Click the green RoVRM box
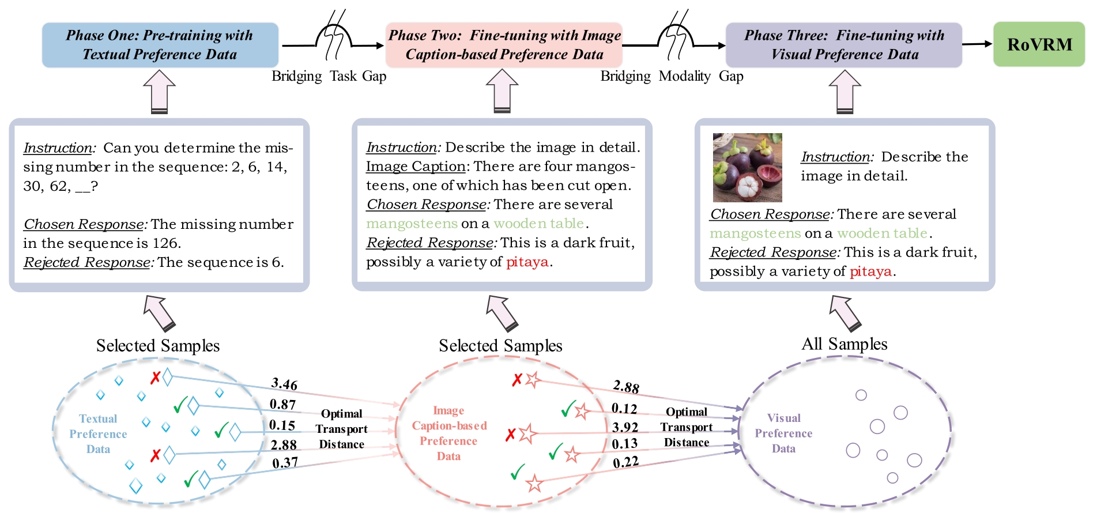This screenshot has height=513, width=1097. coord(1039,44)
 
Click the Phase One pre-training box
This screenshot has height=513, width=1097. coord(160,45)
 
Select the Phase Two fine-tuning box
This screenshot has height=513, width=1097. coord(504,45)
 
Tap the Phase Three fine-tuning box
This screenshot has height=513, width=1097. coord(843,45)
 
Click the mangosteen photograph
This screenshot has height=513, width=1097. coord(747,167)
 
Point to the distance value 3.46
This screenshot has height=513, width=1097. coord(284,384)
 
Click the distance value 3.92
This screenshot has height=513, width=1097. coord(625,427)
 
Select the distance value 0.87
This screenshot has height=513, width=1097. coord(282,405)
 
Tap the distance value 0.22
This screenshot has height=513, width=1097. coord(625,462)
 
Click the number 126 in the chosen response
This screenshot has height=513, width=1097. coord(167,243)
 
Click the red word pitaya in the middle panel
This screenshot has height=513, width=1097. coord(527,262)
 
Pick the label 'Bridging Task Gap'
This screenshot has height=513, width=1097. coord(329,76)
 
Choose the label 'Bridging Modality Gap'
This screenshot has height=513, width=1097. coord(672,76)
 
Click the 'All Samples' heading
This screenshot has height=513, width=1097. coord(844,344)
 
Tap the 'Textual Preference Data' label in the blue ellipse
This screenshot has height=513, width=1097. coord(98,434)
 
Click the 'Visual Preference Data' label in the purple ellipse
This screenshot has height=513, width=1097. coord(783,433)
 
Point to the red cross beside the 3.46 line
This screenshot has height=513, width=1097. coord(155,378)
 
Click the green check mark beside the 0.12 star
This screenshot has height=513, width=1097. coord(568,409)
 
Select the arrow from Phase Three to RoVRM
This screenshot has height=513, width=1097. coord(977,44)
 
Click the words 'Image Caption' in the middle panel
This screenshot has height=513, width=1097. coord(415,167)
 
